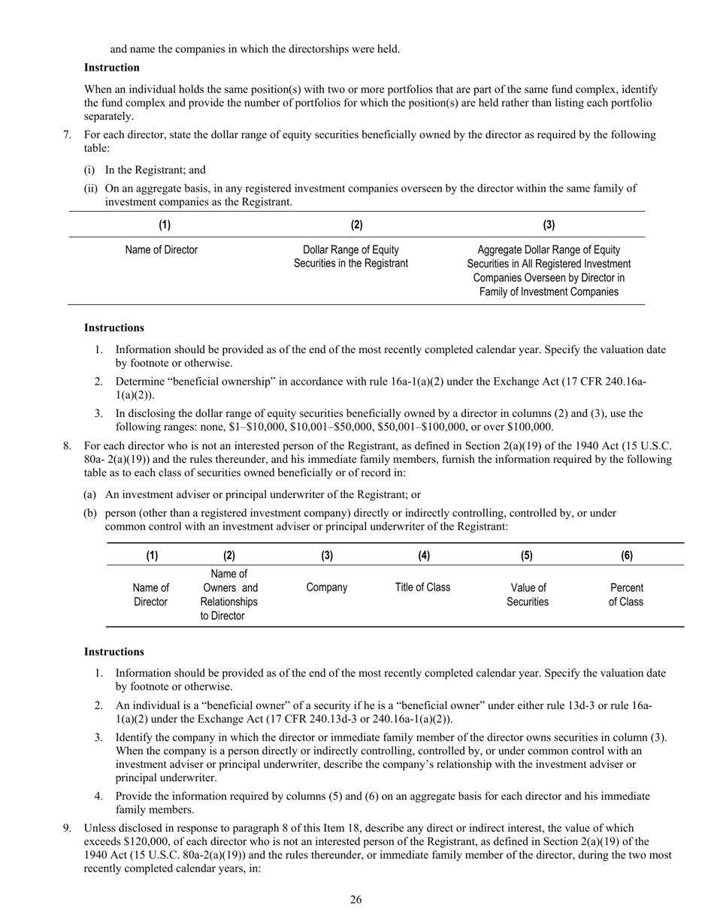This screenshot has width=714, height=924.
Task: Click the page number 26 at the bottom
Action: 355,899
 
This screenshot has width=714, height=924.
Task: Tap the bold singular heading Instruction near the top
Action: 111,68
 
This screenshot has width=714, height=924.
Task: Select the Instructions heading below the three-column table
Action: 113,328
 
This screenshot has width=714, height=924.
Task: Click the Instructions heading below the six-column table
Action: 113,651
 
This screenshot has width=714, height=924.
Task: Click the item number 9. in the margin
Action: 68,828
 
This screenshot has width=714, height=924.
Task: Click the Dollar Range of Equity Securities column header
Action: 351,256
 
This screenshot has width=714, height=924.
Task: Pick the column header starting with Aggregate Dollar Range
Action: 549,270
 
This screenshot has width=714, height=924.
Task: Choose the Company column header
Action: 327,587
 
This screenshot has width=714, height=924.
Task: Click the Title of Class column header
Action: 422,587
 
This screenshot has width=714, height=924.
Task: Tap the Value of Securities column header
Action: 528,594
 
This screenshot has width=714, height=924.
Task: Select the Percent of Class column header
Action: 626,594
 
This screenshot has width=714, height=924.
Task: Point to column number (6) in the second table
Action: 626,555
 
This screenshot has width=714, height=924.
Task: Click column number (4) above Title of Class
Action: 423,555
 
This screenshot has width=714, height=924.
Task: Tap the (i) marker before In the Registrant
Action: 89,170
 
